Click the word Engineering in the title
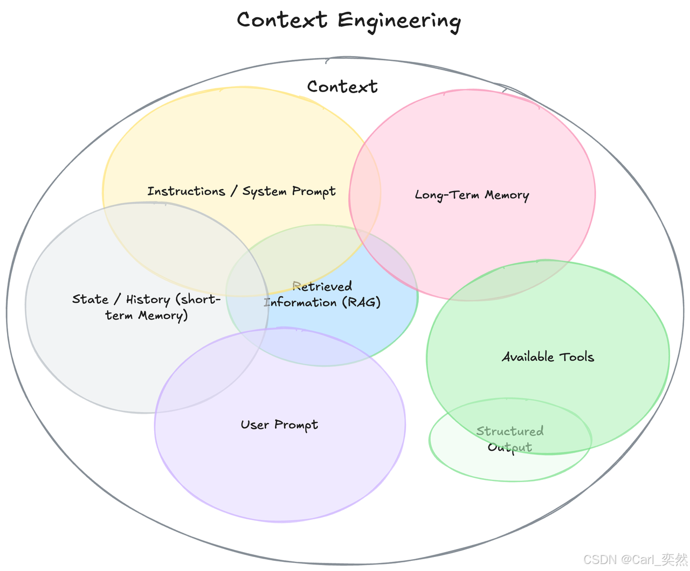pos(399,21)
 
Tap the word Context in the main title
pos(282,20)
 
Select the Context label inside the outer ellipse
pos(342,87)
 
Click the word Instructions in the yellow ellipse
pos(186,191)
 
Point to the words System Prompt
pos(289,192)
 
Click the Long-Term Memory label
pos(472,195)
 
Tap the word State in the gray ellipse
pos(90,300)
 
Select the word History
pos(148,300)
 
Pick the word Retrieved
pos(322,286)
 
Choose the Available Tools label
pos(548,357)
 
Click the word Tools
pos(576,357)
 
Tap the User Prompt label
pos(279,425)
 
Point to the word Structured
pos(510,431)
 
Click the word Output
pos(510,447)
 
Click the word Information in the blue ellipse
pos(300,302)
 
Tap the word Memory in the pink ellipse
pos(507,195)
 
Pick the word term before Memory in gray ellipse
pos(119,315)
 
